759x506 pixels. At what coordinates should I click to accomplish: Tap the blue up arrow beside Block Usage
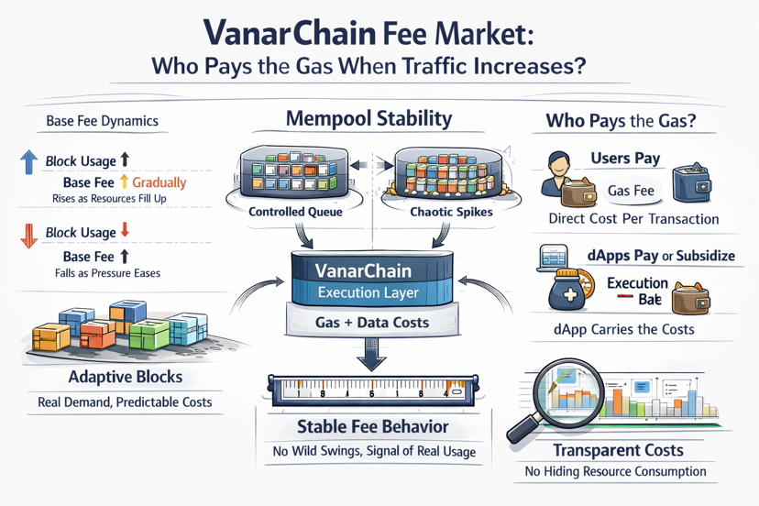(x=28, y=162)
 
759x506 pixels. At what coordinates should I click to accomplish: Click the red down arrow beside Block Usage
(x=28, y=234)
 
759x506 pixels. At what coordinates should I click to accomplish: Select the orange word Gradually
(x=160, y=182)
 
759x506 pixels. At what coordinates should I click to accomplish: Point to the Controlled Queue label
(x=295, y=212)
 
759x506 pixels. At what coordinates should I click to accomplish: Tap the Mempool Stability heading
(x=368, y=119)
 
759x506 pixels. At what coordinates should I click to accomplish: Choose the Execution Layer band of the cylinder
(x=368, y=293)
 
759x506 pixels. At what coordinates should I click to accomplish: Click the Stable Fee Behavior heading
(x=372, y=426)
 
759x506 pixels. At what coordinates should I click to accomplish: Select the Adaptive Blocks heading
(x=125, y=377)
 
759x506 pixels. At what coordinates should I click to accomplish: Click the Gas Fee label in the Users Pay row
(x=630, y=191)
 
